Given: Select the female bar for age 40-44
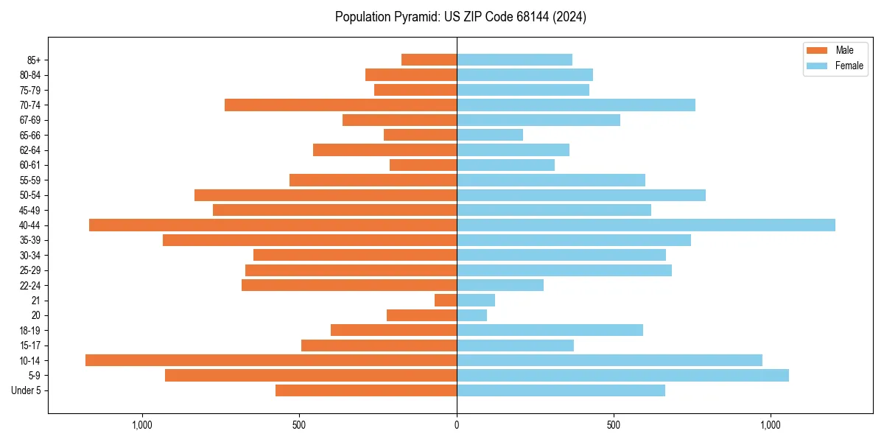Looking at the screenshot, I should (x=646, y=225).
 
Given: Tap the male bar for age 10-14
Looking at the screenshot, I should (x=271, y=360).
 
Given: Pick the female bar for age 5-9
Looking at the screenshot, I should (x=622, y=375).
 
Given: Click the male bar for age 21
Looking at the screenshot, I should (x=446, y=300).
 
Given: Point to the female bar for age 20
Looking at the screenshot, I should (x=471, y=315).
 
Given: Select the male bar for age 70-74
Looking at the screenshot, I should (x=340, y=105).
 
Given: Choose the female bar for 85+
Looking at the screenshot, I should (x=514, y=60).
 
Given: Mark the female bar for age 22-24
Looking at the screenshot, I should (x=500, y=285).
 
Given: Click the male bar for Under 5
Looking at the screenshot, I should (x=366, y=390).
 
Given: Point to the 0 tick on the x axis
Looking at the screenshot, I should (x=457, y=425).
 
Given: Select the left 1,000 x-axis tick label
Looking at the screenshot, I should (x=141, y=425).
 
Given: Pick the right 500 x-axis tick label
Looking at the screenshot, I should (x=614, y=425).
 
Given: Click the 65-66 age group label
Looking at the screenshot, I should (x=30, y=135).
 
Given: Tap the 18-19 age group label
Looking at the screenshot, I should (x=30, y=330).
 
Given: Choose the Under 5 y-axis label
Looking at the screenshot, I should (x=27, y=390).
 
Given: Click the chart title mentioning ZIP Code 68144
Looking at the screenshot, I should (x=460, y=17).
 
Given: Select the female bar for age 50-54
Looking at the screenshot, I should (x=581, y=195).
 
